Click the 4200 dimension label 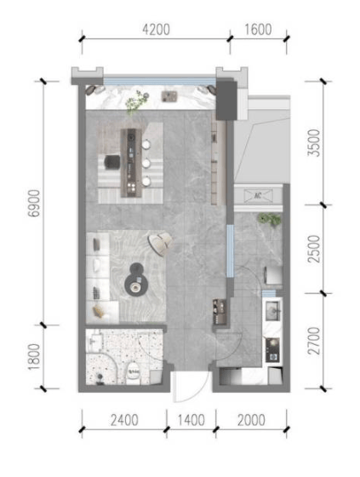[156, 30]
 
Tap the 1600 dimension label [258, 30]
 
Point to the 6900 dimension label [34, 204]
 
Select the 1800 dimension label [34, 357]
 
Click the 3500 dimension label [314, 143]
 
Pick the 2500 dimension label [314, 249]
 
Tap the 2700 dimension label [314, 341]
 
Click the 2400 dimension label [124, 420]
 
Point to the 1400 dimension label [191, 420]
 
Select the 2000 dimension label [251, 420]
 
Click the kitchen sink [272, 311]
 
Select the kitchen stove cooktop [272, 350]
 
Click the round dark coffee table [136, 280]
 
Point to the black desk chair [111, 162]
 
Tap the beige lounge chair [161, 243]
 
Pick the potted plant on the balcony [270, 220]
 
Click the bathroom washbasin [95, 342]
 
